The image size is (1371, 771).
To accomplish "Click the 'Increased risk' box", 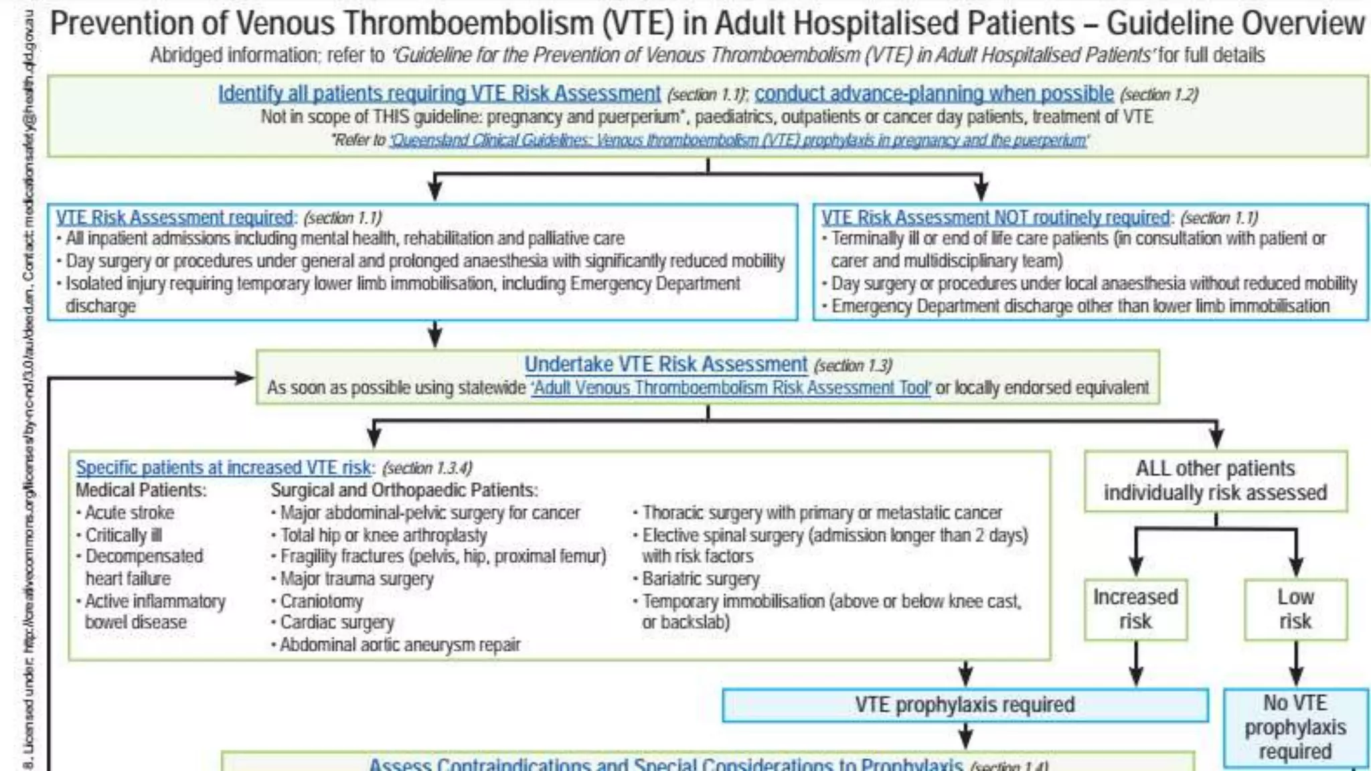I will point(1135,609).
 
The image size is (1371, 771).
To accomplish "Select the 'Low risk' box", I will point(1295,609).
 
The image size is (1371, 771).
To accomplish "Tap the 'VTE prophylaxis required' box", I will point(965,705).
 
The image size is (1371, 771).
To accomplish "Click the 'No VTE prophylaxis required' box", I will point(1295,727).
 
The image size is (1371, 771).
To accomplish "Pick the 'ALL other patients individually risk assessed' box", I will point(1215,481).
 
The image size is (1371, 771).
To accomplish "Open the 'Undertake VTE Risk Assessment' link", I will point(665,364).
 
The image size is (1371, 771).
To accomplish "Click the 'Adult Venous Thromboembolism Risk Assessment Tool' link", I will point(730,388).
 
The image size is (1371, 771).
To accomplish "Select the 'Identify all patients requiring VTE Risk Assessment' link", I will point(439,93).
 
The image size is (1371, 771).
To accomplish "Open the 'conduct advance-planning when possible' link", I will point(934,93).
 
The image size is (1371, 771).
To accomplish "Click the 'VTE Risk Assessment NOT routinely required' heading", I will point(995,218).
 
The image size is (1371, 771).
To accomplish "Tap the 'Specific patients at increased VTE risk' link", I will point(223,467).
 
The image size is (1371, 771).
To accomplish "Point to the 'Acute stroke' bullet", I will point(129,513).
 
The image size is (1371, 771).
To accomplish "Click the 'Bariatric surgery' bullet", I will point(700,578).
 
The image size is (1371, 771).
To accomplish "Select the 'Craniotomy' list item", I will point(321,601).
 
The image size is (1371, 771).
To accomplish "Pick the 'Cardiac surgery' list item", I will point(337,622).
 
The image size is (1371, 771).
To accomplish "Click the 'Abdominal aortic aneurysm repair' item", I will point(400,645).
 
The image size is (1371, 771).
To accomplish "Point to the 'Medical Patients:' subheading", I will point(141,490).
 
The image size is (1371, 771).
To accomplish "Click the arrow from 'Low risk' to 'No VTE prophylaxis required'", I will point(1296,664).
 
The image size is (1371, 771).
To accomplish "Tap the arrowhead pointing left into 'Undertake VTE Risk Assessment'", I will point(245,378).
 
